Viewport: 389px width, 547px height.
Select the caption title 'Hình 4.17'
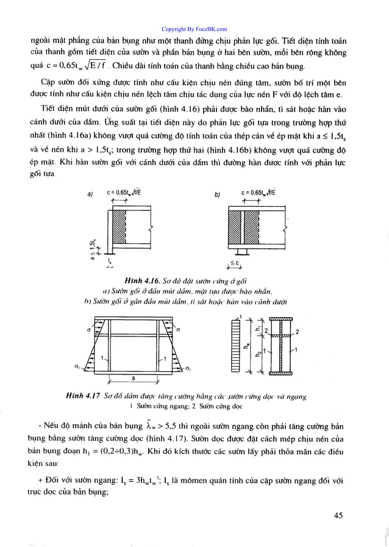pos(82,396)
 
